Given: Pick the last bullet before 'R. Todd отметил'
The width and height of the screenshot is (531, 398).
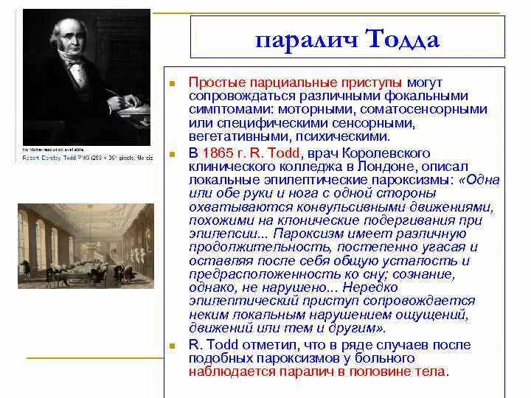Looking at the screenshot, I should (172, 345).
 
